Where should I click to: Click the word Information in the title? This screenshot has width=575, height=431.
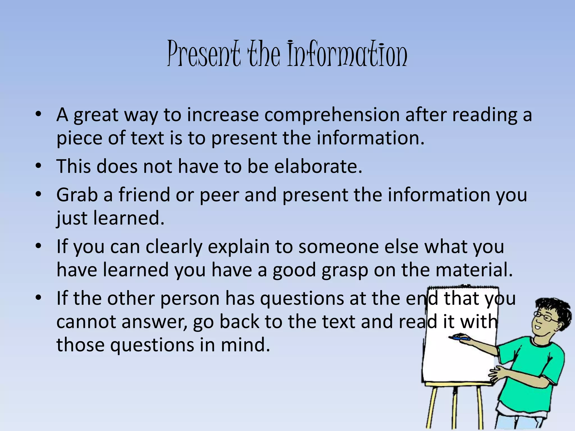click(347, 54)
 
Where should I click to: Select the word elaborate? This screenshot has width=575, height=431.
click(318, 166)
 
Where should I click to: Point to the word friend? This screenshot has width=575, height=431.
click(144, 195)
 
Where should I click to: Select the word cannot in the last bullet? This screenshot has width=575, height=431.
click(86, 322)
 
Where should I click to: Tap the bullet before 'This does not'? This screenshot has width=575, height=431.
click(39, 166)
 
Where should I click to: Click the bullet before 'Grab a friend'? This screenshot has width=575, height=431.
click(39, 194)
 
